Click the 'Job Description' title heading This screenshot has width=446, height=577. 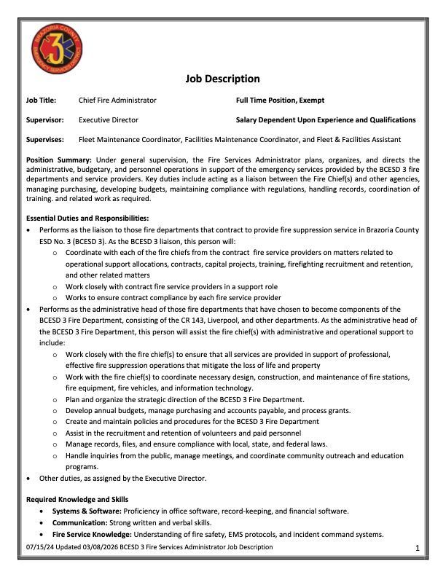click(222, 79)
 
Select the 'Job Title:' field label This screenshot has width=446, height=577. click(43, 101)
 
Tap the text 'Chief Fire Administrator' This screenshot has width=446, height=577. click(117, 101)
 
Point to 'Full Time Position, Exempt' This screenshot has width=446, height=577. click(280, 101)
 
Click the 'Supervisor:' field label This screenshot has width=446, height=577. click(45, 119)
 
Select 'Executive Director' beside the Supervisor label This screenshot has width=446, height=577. click(109, 119)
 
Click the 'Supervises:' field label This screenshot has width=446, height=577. click(45, 139)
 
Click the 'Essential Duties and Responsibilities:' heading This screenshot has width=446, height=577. click(87, 218)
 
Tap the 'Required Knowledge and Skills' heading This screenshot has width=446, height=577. click(77, 499)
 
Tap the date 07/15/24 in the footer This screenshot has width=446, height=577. click(39, 547)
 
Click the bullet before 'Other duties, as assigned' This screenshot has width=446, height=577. click(29, 479)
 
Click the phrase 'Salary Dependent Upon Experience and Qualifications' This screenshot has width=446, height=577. click(326, 119)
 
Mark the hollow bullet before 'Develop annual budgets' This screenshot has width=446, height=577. click(55, 411)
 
